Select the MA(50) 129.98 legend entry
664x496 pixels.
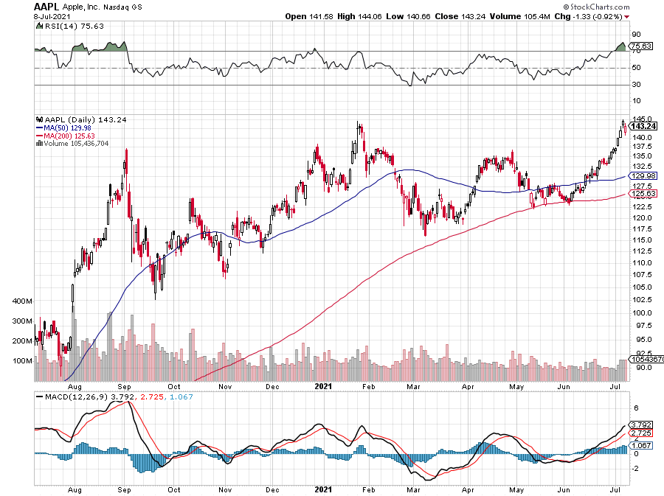tap(66, 128)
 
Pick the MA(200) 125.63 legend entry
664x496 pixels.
tap(67, 136)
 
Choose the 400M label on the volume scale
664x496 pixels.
tap(24, 302)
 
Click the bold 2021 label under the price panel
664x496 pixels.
tap(324, 385)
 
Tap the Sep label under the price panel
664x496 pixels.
tap(124, 385)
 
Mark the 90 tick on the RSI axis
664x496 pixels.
tap(635, 34)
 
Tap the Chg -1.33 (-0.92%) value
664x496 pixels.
tap(598, 16)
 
